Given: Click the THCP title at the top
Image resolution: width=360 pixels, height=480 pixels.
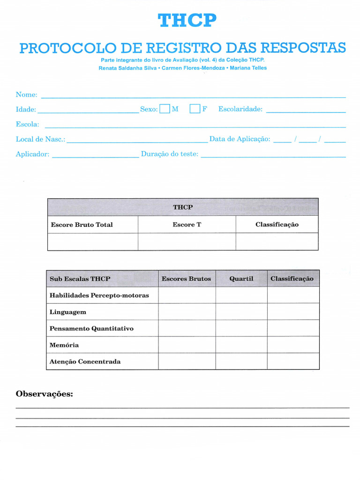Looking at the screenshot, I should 187,21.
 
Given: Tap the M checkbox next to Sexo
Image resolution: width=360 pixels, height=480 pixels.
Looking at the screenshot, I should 165,109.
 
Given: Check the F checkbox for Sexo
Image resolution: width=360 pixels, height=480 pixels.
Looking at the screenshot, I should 195,109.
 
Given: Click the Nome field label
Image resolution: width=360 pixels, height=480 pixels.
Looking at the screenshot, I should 26,95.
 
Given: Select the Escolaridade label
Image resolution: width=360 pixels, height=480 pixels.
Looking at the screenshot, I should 240,109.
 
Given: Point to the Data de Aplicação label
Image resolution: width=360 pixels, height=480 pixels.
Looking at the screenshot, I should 240,139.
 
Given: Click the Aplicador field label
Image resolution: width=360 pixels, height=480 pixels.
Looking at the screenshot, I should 32,154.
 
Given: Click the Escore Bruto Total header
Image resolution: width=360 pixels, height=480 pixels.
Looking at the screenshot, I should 82,225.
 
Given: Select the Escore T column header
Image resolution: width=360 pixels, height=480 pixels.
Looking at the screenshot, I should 187,225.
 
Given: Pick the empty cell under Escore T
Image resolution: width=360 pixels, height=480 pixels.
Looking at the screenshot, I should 187,242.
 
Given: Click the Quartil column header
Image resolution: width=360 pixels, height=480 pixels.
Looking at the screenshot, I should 241,279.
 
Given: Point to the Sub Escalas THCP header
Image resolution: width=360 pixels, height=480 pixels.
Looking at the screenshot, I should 80,279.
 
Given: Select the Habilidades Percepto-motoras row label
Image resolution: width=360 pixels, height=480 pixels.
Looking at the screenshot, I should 99,295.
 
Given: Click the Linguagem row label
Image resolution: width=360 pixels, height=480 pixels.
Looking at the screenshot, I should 67,312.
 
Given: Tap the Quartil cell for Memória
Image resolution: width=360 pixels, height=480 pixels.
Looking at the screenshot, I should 241,345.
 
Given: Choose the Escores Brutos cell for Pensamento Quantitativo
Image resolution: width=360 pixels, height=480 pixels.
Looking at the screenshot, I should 187,329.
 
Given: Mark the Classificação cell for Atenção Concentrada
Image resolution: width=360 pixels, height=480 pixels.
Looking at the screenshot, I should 293,361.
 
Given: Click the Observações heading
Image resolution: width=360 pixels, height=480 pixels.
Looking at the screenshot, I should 45,394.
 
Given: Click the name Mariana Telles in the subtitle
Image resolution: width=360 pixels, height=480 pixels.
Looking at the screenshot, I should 248,68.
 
